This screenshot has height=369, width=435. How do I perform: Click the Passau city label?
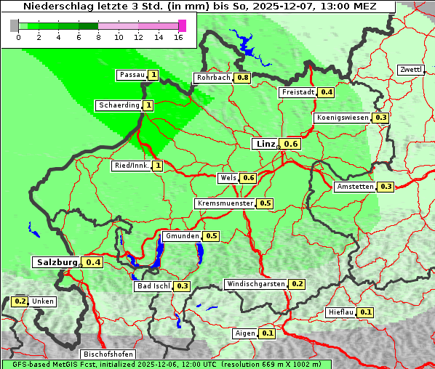pyautogui.click(x=132, y=75)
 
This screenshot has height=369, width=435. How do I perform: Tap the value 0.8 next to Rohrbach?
pyautogui.click(x=243, y=78)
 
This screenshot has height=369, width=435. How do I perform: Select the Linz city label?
pyautogui.click(x=265, y=144)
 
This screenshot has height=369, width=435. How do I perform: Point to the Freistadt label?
pyautogui.click(x=298, y=92)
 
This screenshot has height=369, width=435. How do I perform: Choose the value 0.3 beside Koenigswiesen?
pyautogui.click(x=381, y=118)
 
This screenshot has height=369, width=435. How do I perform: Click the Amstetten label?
pyautogui.click(x=355, y=187)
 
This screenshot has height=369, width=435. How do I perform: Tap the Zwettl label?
pyautogui.click(x=410, y=70)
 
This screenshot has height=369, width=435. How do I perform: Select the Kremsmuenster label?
pyautogui.click(x=225, y=203)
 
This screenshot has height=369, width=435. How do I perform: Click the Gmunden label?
pyautogui.click(x=182, y=236)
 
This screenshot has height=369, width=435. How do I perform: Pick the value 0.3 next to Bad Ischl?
pyautogui.click(x=183, y=286)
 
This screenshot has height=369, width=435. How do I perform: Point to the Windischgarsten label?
pyautogui.click(x=255, y=284)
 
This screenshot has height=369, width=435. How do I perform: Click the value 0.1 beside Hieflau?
pyautogui.click(x=366, y=312)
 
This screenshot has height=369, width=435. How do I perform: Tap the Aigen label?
pyautogui.click(x=245, y=333)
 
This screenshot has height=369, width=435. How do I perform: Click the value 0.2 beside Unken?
pyautogui.click(x=20, y=301)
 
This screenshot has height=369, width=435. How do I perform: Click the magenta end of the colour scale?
pyautogui.click(x=182, y=25)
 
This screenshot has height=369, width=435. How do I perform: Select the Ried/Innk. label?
pyautogui.click(x=132, y=166)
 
